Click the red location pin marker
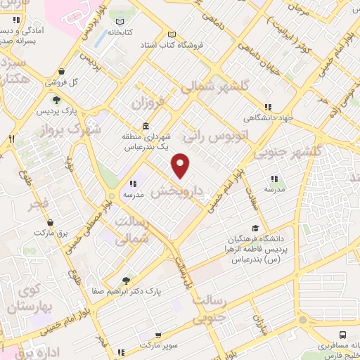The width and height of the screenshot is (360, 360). pyautogui.click(x=181, y=166)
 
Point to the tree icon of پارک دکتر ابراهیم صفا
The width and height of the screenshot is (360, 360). pyautogui.click(x=127, y=280)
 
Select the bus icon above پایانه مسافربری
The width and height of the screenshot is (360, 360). pyautogui.click(x=342, y=335)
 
